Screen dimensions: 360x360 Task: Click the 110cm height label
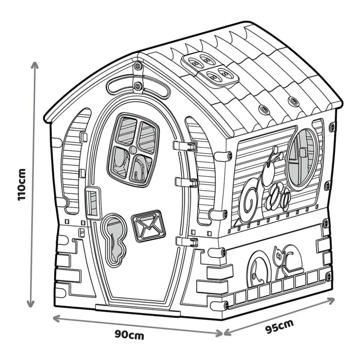[22, 185]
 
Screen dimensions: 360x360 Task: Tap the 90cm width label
[130, 335]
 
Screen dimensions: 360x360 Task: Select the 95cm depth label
[279, 326]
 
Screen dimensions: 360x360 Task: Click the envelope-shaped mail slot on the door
[148, 226]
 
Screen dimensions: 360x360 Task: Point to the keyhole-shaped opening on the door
[114, 241]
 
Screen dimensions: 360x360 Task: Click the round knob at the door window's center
[133, 150]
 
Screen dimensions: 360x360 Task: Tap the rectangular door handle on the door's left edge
[93, 202]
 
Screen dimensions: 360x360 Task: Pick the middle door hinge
[186, 182]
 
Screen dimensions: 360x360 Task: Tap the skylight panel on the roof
[210, 70]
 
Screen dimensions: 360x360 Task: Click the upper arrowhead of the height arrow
[35, 65]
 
